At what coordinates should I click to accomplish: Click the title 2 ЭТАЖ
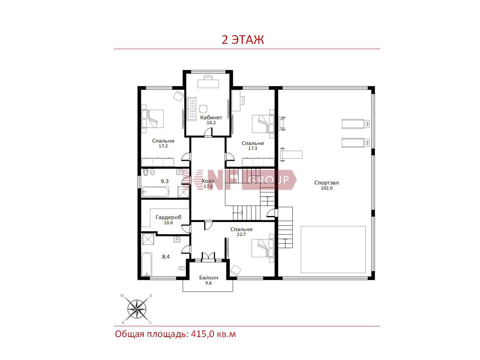[243, 40]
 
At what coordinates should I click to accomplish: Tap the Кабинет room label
[211, 117]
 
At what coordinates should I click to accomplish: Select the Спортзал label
[326, 182]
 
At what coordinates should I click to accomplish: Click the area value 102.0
[326, 188]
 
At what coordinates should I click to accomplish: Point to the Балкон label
[208, 277]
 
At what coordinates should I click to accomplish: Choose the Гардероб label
[168, 217]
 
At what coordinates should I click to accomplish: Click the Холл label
[208, 181]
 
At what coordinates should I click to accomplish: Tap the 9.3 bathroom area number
[165, 181]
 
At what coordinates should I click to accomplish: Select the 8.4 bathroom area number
[166, 256]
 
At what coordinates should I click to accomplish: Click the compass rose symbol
[137, 309]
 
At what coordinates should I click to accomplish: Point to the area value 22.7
[241, 234]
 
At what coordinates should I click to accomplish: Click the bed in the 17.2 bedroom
[153, 119]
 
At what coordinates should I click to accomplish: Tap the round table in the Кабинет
[203, 109]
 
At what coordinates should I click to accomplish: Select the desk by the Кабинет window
[208, 84]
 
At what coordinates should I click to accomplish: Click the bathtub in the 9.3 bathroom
[155, 192]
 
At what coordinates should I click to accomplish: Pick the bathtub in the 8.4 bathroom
[147, 264]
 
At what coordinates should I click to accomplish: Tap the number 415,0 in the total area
[202, 334]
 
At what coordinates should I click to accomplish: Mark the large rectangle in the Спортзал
[333, 249]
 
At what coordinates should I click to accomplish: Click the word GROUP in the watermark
[269, 180]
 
